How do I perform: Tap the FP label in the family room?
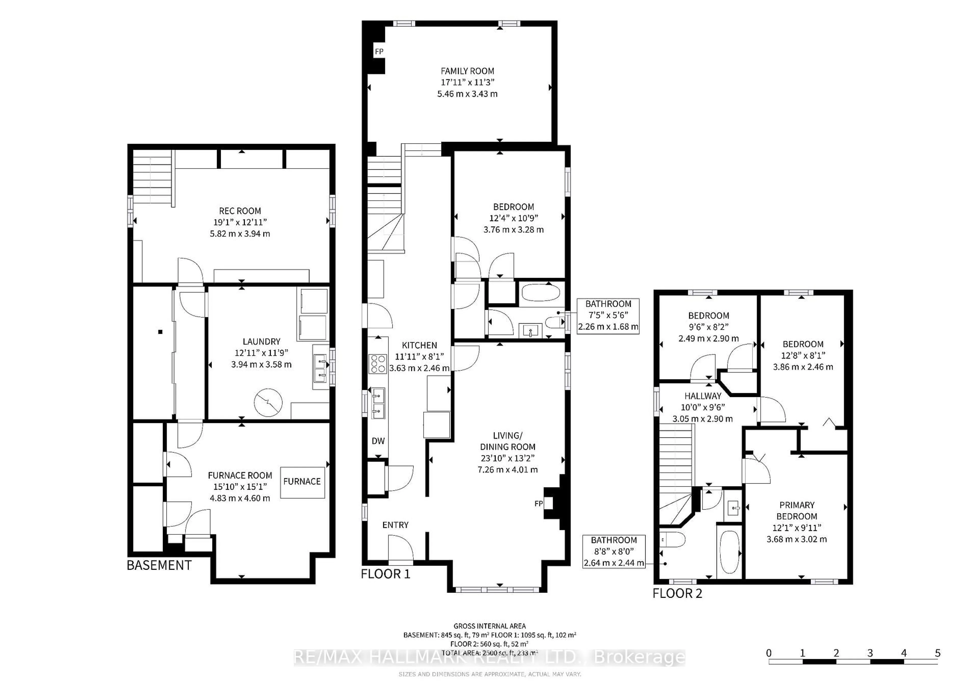pyautogui.click(x=379, y=51)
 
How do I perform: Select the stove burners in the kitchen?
pyautogui.click(x=378, y=364)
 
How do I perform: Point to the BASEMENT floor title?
pyautogui.click(x=159, y=565)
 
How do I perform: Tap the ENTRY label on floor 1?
pyautogui.click(x=395, y=525)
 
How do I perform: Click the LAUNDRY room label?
pyautogui.click(x=261, y=341)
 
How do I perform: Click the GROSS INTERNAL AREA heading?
pyautogui.click(x=489, y=626)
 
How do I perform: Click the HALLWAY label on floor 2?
pyautogui.click(x=703, y=396)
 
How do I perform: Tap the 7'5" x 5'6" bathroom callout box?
pyautogui.click(x=608, y=316)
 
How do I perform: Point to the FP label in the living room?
pyautogui.click(x=538, y=504)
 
